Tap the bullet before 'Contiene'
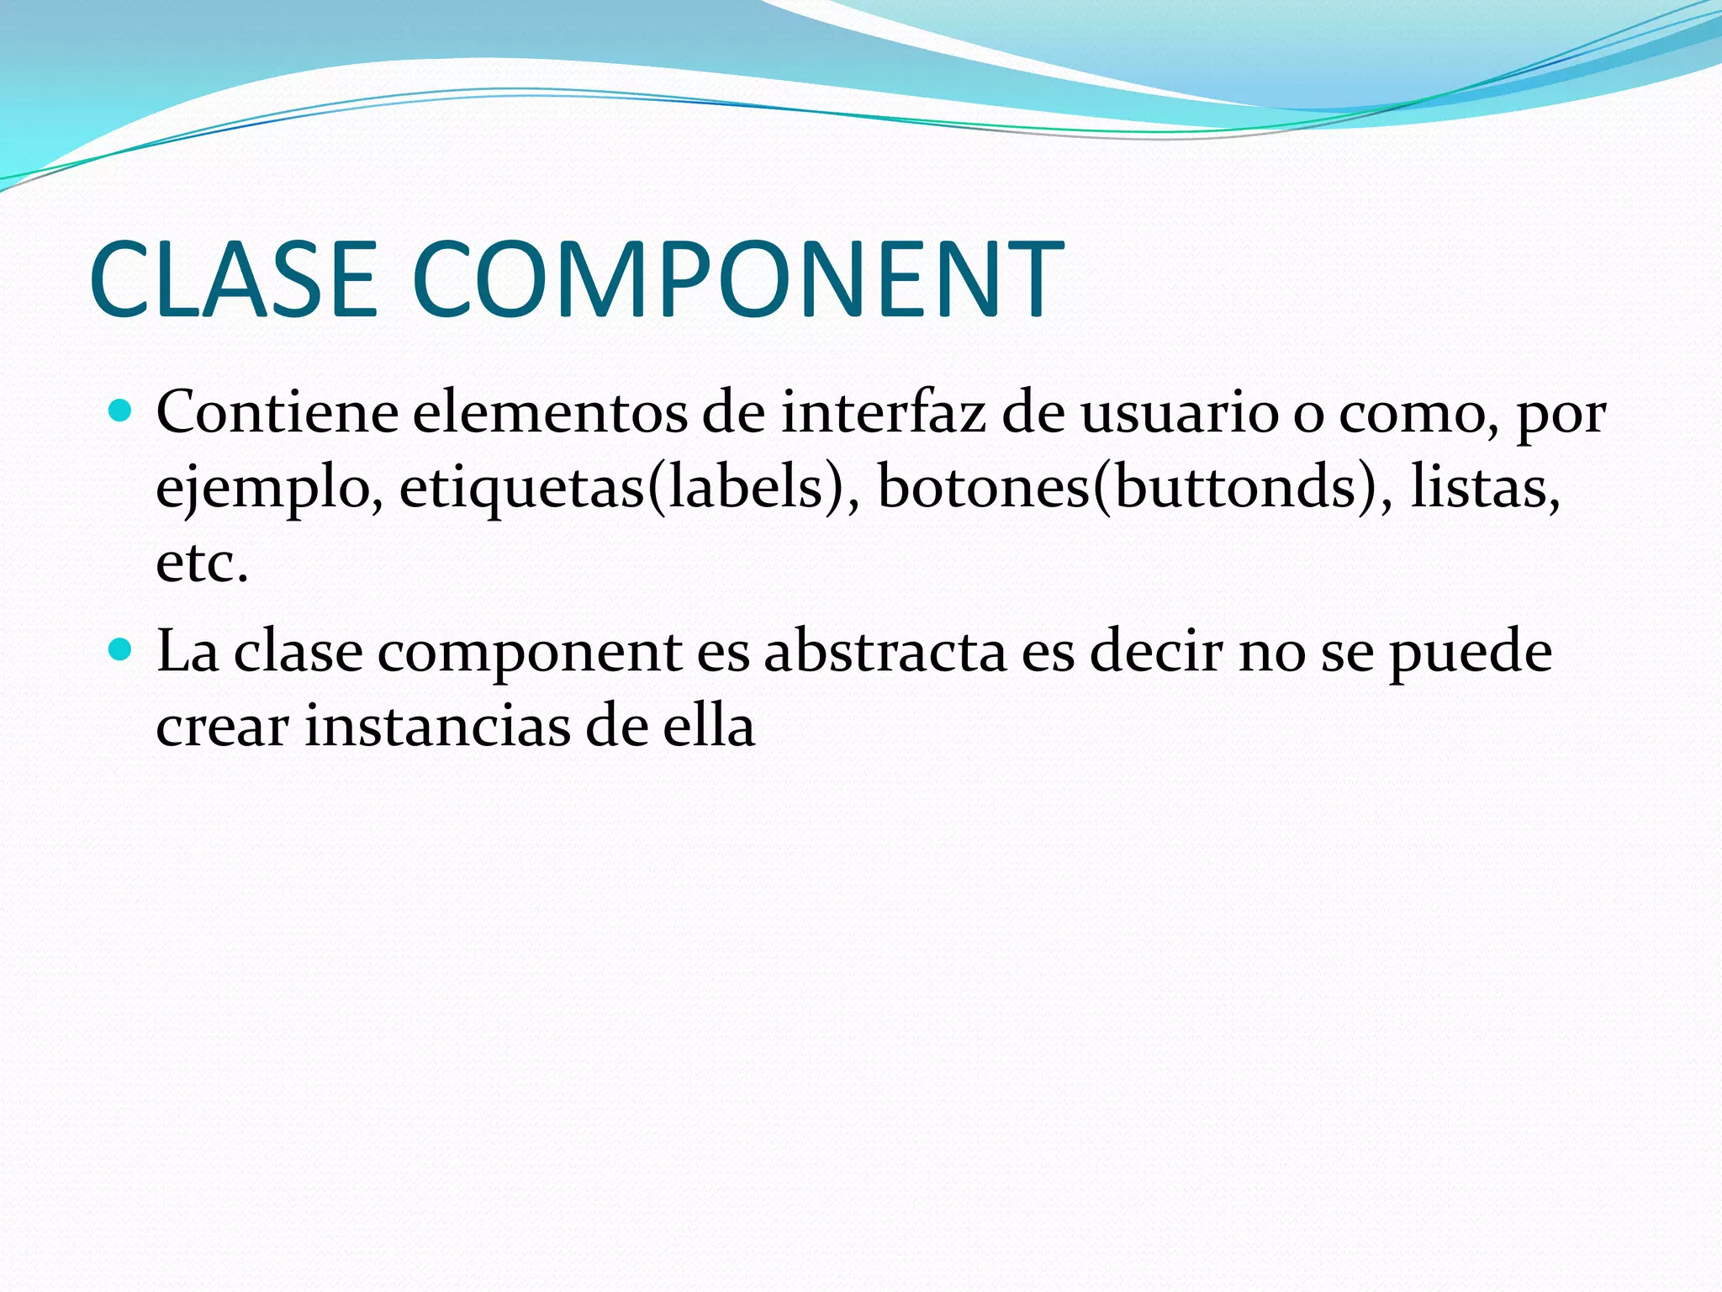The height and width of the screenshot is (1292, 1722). (121, 411)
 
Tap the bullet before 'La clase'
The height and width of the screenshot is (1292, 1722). (121, 649)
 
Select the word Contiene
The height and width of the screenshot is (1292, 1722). (277, 414)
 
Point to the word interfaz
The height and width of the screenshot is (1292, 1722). (883, 414)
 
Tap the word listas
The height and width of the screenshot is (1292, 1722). (1483, 489)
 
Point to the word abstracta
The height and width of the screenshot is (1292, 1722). (885, 653)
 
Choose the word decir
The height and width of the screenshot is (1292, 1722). (1157, 653)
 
